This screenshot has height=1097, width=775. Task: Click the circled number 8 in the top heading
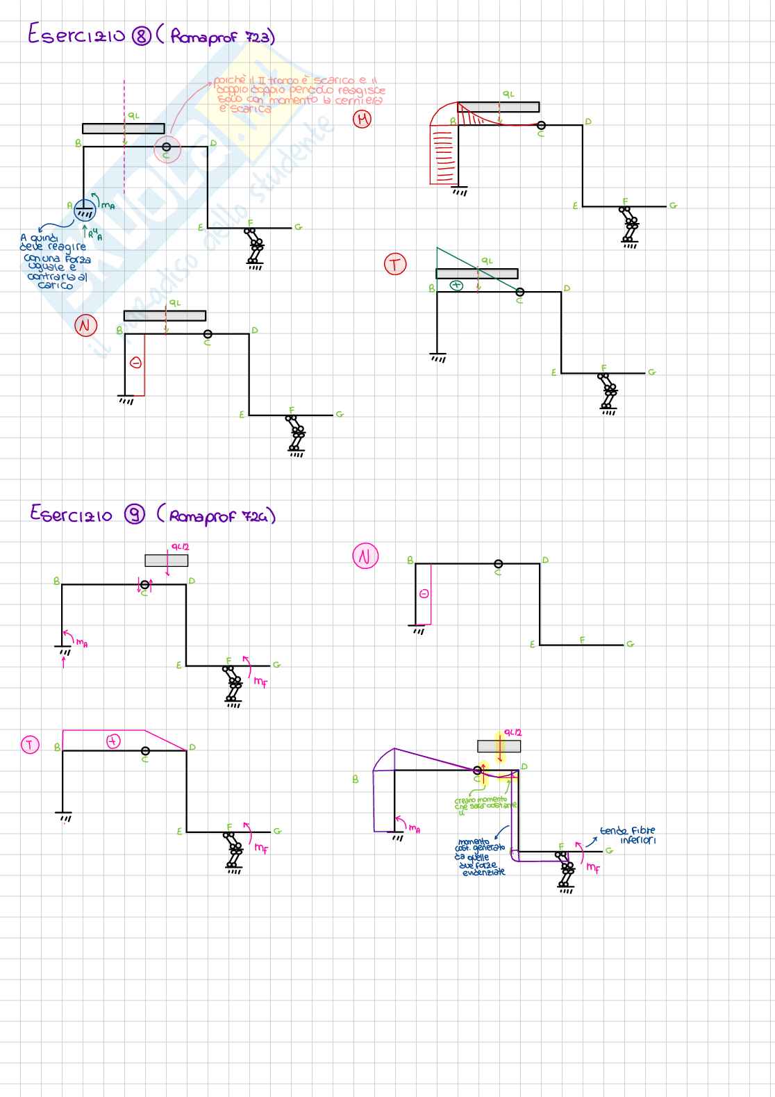tap(142, 36)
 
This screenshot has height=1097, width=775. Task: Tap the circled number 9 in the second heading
tap(135, 514)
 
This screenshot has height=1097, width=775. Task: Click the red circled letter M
tap(362, 119)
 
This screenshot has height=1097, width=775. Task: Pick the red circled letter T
tap(395, 264)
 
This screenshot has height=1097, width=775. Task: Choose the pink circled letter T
tap(30, 745)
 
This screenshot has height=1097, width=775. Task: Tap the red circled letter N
tap(86, 325)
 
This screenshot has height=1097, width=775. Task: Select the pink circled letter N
tap(365, 556)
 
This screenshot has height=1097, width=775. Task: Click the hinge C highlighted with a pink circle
tap(167, 147)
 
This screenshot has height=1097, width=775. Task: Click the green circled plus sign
tap(456, 285)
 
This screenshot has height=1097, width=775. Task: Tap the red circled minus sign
tap(136, 363)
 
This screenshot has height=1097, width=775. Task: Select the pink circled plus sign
tap(113, 741)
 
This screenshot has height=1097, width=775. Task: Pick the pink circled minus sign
tap(424, 593)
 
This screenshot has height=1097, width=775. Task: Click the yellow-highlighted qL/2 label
tap(512, 733)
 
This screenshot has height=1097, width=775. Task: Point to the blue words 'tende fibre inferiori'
tap(628, 835)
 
